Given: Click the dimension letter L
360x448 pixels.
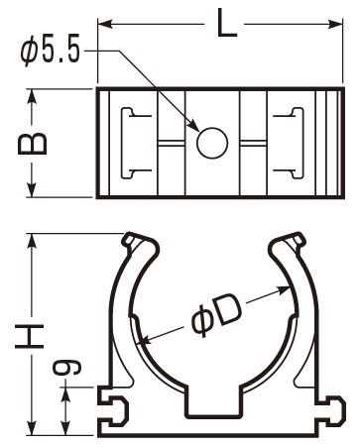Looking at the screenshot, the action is point(227,23).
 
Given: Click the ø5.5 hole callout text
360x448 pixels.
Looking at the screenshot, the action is point(51,52).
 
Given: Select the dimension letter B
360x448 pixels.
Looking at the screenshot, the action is point(33,144).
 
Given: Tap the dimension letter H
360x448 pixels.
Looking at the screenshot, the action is point(30,336).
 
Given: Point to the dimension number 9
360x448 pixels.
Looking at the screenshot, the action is point(67,368).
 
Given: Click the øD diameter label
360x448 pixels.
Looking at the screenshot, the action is point(215,316).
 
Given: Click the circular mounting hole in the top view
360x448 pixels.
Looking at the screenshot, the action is point(212,143).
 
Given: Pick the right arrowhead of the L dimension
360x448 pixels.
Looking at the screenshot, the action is point(335,24).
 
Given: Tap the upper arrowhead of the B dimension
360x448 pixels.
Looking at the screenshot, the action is point(32,96).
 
